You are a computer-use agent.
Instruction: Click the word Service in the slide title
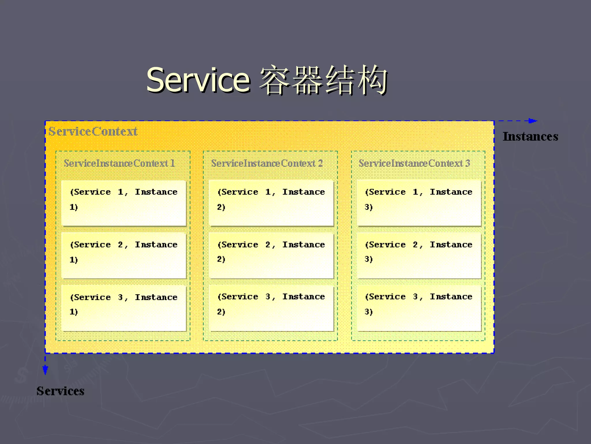point(198,80)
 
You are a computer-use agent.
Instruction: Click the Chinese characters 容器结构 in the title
point(323,80)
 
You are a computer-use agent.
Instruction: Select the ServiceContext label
point(93,132)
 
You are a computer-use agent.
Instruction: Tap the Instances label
point(530,136)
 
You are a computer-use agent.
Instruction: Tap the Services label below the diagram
point(60,391)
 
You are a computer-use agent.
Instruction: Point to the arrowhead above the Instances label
point(533,121)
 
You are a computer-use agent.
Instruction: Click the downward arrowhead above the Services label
point(45,370)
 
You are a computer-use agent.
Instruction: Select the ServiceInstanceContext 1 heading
point(119,163)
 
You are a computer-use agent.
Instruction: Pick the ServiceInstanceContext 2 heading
point(267,163)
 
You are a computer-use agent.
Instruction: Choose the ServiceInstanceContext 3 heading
point(414,163)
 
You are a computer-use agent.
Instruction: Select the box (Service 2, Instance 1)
point(124,255)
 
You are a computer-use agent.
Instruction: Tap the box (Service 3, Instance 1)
point(124,308)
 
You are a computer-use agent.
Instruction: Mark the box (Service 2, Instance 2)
point(271,255)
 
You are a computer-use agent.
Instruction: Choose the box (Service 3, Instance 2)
point(271,308)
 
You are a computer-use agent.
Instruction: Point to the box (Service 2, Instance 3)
point(419,255)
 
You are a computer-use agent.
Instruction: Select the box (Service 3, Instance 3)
point(419,308)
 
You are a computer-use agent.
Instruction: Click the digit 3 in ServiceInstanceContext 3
point(467,163)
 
